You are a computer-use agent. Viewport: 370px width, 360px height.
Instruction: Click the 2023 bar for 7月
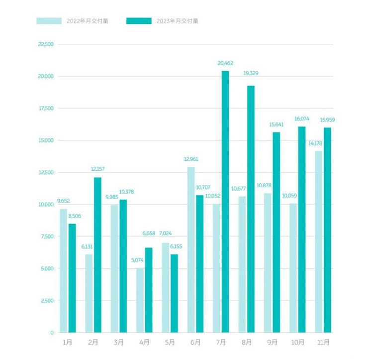(x=225, y=202)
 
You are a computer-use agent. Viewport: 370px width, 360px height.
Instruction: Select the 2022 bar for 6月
(x=191, y=249)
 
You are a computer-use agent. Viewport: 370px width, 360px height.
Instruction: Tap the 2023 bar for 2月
(x=97, y=254)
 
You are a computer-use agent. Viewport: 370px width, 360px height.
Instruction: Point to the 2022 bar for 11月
(x=318, y=241)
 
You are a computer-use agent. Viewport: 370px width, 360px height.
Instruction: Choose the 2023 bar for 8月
(x=251, y=209)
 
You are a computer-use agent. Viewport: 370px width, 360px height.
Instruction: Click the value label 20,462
(x=225, y=63)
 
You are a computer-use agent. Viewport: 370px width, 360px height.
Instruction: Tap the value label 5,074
(x=138, y=260)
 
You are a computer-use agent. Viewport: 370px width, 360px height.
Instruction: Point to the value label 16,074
(x=302, y=119)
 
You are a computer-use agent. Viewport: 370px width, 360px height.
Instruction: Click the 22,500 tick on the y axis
(x=45, y=44)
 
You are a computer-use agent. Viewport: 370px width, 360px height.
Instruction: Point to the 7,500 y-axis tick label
(x=46, y=237)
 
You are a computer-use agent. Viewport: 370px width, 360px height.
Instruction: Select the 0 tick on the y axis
(x=51, y=333)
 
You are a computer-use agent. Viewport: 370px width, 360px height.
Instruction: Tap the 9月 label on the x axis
(x=273, y=343)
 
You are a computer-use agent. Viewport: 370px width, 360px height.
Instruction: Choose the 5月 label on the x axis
(x=170, y=343)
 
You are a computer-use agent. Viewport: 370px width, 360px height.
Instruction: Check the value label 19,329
(x=251, y=73)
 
